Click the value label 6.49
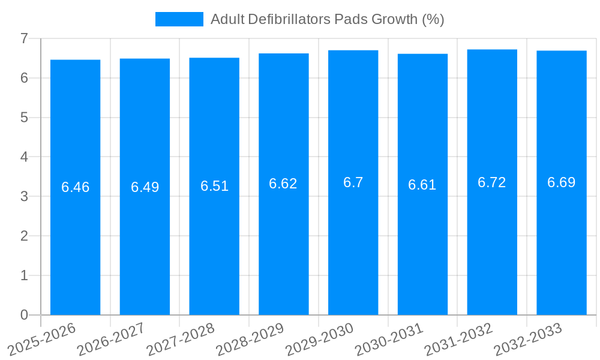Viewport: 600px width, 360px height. tap(145, 187)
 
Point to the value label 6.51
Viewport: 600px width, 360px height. tap(214, 186)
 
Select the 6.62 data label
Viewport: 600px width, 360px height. tap(283, 184)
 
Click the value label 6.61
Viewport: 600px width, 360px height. tap(422, 185)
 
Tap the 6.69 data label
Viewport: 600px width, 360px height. tap(562, 182)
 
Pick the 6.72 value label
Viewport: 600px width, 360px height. tap(492, 182)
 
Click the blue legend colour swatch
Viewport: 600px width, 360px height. tap(179, 19)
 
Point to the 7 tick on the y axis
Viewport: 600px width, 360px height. tap(24, 38)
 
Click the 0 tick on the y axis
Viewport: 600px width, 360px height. tap(24, 315)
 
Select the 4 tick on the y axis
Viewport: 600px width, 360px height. tap(24, 157)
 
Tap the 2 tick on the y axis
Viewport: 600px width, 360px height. tap(24, 236)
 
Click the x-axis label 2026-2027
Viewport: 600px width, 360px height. tap(112, 339)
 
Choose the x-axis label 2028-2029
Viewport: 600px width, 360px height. tap(250, 339)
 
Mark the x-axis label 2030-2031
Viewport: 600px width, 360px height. tap(389, 339)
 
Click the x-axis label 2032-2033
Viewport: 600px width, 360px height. tap(528, 339)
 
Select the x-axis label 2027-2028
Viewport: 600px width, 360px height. tap(181, 339)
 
